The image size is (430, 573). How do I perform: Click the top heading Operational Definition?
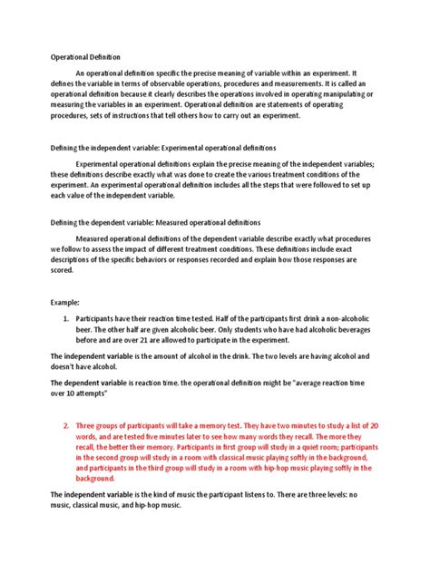[83, 56]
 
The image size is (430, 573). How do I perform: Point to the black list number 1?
[65, 322]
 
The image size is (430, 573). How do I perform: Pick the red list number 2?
[65, 425]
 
